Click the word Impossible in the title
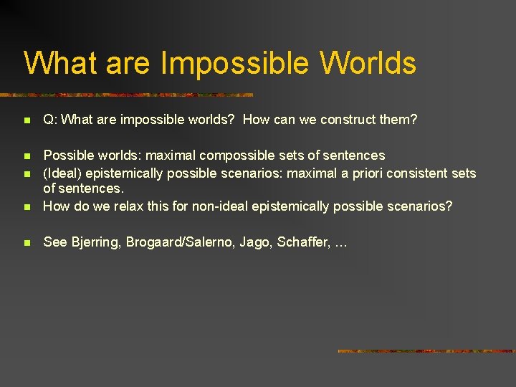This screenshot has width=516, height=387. coord(235,63)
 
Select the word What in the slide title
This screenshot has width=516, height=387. coord(61,63)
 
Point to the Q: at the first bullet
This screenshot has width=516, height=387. coord(50,120)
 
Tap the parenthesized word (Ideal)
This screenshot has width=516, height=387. coord(62,173)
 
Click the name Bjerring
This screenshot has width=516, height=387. coord(95,242)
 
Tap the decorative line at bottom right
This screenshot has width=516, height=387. coord(426,351)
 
